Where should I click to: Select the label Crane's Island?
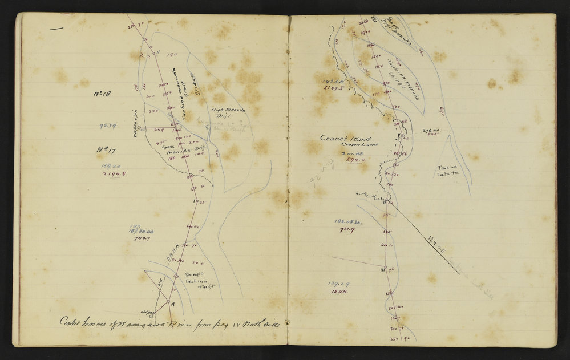tap(354, 139)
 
